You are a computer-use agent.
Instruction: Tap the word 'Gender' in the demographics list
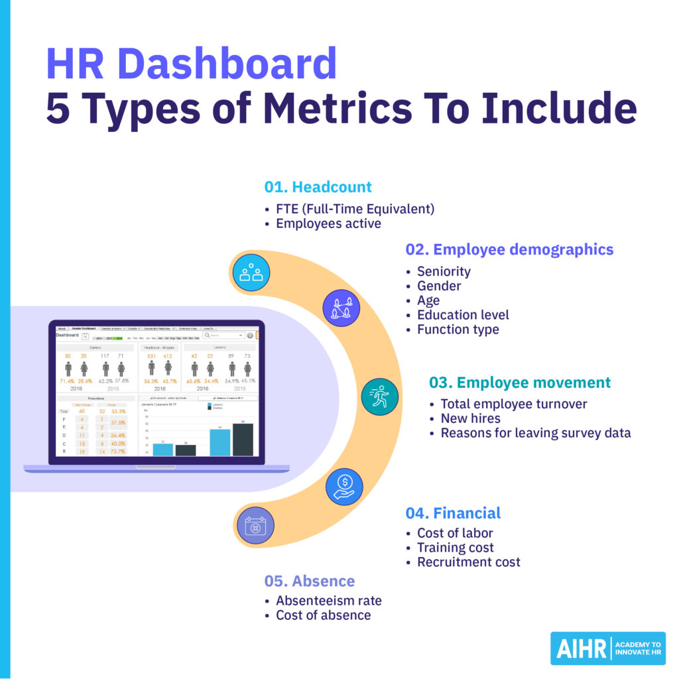(x=438, y=286)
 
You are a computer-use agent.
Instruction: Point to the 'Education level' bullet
(x=463, y=315)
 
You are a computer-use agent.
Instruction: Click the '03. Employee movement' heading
(x=520, y=383)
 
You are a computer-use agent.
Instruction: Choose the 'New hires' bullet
(x=470, y=418)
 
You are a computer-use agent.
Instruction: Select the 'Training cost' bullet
(x=455, y=548)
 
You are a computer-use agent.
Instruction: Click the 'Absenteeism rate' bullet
(x=328, y=601)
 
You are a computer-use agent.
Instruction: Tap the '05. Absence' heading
(x=309, y=581)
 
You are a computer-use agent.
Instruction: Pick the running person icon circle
(x=380, y=397)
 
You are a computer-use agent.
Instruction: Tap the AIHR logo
(x=607, y=648)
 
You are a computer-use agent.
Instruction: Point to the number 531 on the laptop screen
(x=151, y=357)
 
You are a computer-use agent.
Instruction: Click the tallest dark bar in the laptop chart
(x=243, y=439)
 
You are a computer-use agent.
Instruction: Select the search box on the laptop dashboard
(x=223, y=335)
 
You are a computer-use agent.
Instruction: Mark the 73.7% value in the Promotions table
(x=119, y=451)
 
